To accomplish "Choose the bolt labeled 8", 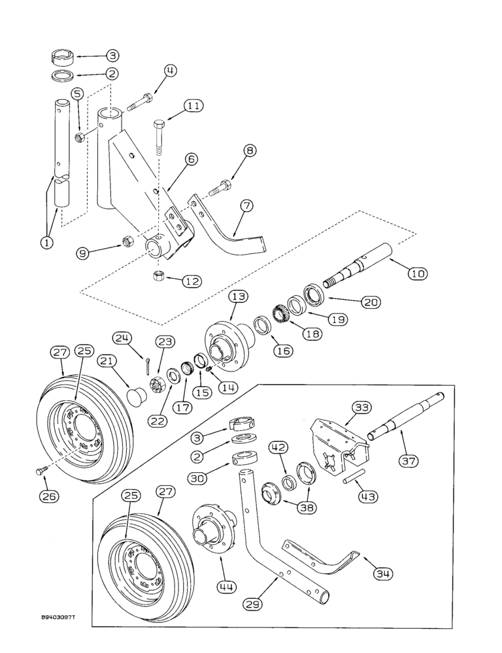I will coord(220,190).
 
